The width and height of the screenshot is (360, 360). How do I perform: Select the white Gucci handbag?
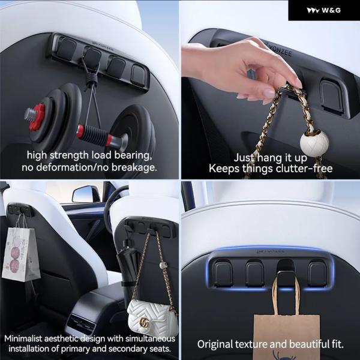pos(152,317)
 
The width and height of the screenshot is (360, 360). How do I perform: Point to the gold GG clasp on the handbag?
pos(144,322)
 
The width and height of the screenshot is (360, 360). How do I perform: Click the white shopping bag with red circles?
pos(20,254)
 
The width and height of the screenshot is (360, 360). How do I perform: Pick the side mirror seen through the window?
pos(86,194)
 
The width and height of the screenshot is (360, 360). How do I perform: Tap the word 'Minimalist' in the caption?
pos(23,338)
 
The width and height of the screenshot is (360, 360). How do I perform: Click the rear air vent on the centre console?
pos(81,324)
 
